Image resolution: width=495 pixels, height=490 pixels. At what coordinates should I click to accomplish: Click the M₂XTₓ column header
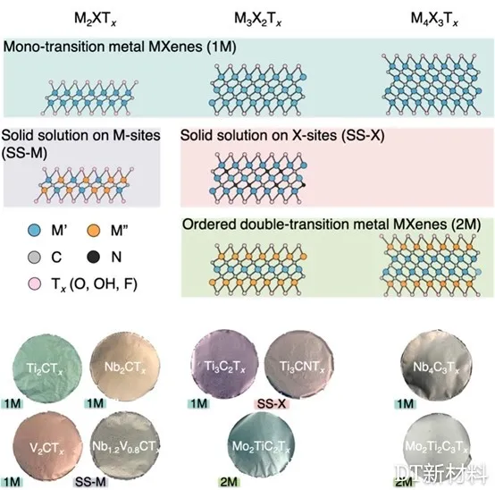coord(96,19)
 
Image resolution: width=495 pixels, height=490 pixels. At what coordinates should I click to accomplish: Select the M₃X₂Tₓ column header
coord(257,19)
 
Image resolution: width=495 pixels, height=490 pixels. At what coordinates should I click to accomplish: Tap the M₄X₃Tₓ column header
coord(434,19)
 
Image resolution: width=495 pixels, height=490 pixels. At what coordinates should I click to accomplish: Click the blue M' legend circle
coord(35,231)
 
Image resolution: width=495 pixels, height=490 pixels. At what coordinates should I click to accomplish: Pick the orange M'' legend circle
coord(94,231)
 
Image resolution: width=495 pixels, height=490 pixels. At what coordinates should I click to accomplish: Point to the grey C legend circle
coord(35,257)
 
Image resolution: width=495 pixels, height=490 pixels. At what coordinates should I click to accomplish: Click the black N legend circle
coord(94,257)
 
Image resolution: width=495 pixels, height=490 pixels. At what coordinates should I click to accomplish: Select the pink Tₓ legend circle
coord(35,283)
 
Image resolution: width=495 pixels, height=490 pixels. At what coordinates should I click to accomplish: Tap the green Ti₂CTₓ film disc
coord(47,369)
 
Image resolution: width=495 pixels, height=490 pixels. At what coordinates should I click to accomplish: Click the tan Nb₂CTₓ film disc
coord(125,367)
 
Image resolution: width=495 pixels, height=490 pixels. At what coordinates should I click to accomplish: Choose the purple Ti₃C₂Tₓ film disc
coord(224,365)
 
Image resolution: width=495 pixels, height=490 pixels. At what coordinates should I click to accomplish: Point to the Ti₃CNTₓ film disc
coord(298,365)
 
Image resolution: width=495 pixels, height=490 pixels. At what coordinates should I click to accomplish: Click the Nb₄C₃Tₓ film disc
coord(436,366)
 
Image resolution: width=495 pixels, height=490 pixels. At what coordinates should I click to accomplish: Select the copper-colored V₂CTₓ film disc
coord(47,446)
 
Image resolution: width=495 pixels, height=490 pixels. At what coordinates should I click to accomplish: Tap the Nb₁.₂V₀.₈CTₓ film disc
coord(125,446)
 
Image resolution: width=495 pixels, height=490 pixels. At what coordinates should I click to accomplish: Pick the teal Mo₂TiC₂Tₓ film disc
coord(262,446)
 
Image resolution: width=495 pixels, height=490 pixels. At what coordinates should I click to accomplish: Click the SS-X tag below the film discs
coord(272,403)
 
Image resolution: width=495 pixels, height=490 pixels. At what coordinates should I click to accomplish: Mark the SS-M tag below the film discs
coord(90,482)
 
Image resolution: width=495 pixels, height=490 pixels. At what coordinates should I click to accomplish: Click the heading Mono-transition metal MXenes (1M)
coord(120,46)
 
